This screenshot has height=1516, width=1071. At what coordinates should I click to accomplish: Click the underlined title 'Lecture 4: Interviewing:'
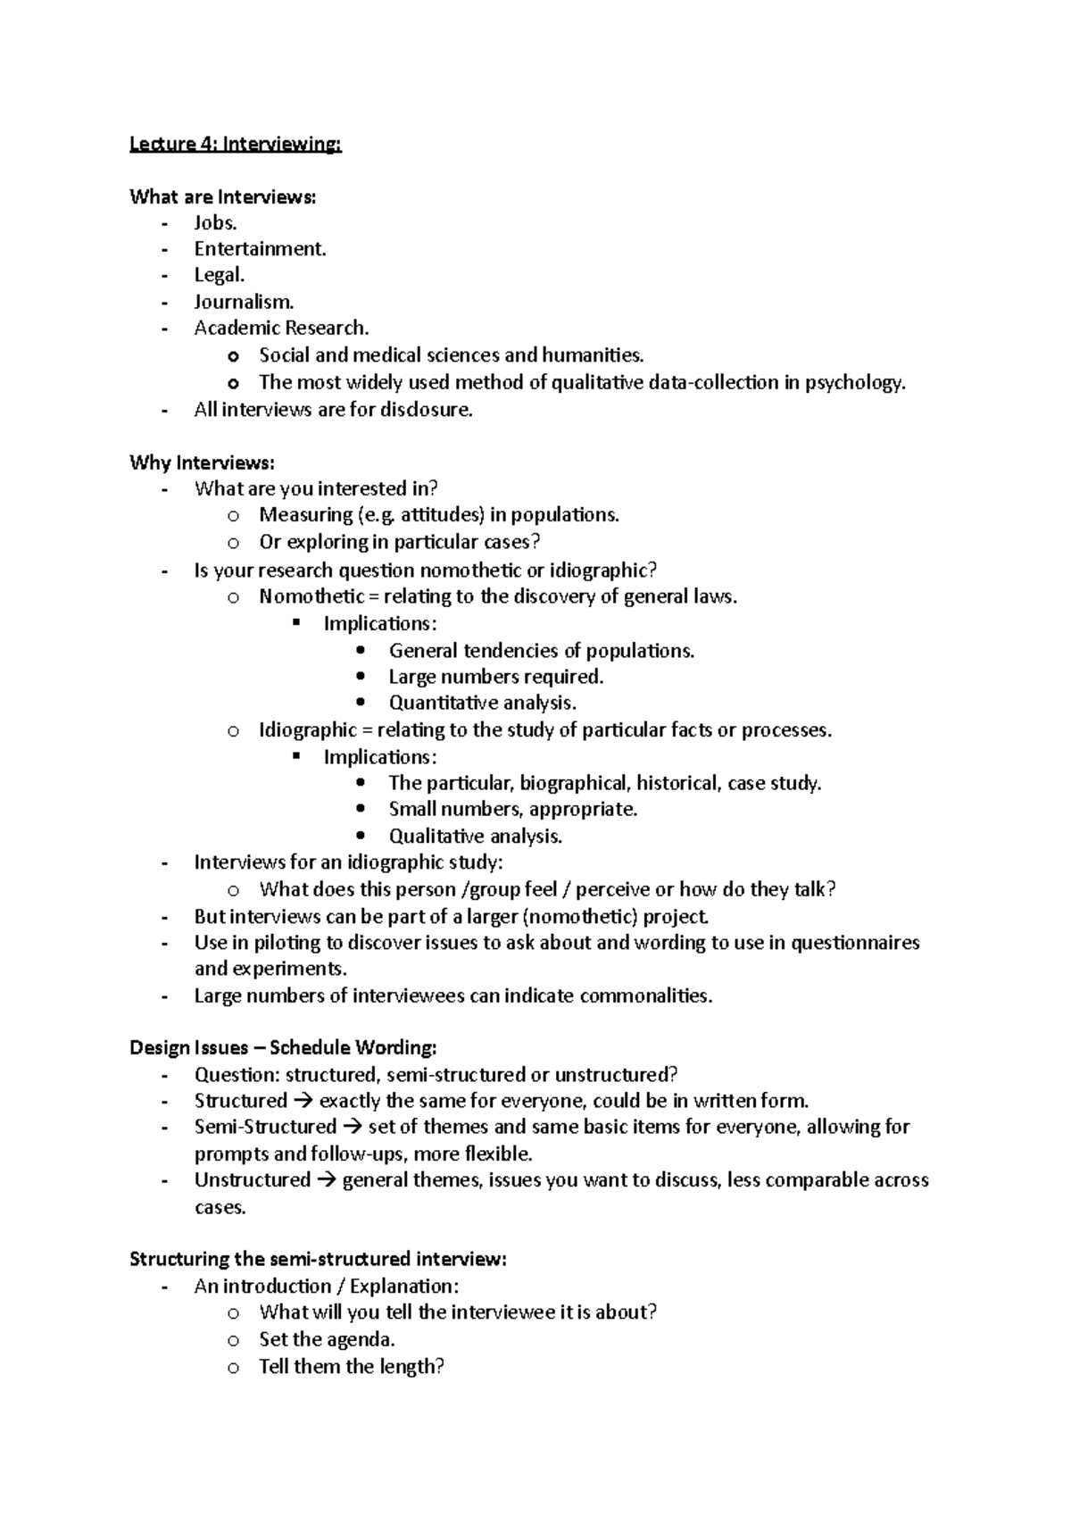pos(236,144)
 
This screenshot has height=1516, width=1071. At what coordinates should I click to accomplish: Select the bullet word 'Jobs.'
pos(215,223)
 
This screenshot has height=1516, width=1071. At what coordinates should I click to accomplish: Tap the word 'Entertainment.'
pos(260,249)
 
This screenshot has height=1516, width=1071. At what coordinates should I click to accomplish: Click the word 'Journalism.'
pos(244,302)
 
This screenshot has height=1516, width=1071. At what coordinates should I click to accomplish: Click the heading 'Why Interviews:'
pos(202,462)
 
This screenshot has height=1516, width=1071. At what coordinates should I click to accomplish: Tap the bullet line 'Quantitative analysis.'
pos(482,703)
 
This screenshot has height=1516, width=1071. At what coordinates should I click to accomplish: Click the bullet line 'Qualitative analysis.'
pos(475,837)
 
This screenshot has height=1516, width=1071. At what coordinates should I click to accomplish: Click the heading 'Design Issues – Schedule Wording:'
pos(283,1047)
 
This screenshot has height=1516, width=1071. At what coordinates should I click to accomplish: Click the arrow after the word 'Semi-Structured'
pos(353,1127)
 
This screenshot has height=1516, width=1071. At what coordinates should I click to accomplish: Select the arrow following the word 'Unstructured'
pos(326,1180)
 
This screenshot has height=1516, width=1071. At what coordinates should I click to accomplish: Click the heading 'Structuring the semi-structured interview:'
pos(318,1259)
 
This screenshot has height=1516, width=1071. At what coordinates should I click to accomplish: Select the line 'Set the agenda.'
pos(327,1339)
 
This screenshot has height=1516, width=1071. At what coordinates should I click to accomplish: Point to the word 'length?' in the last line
pos(411,1366)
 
